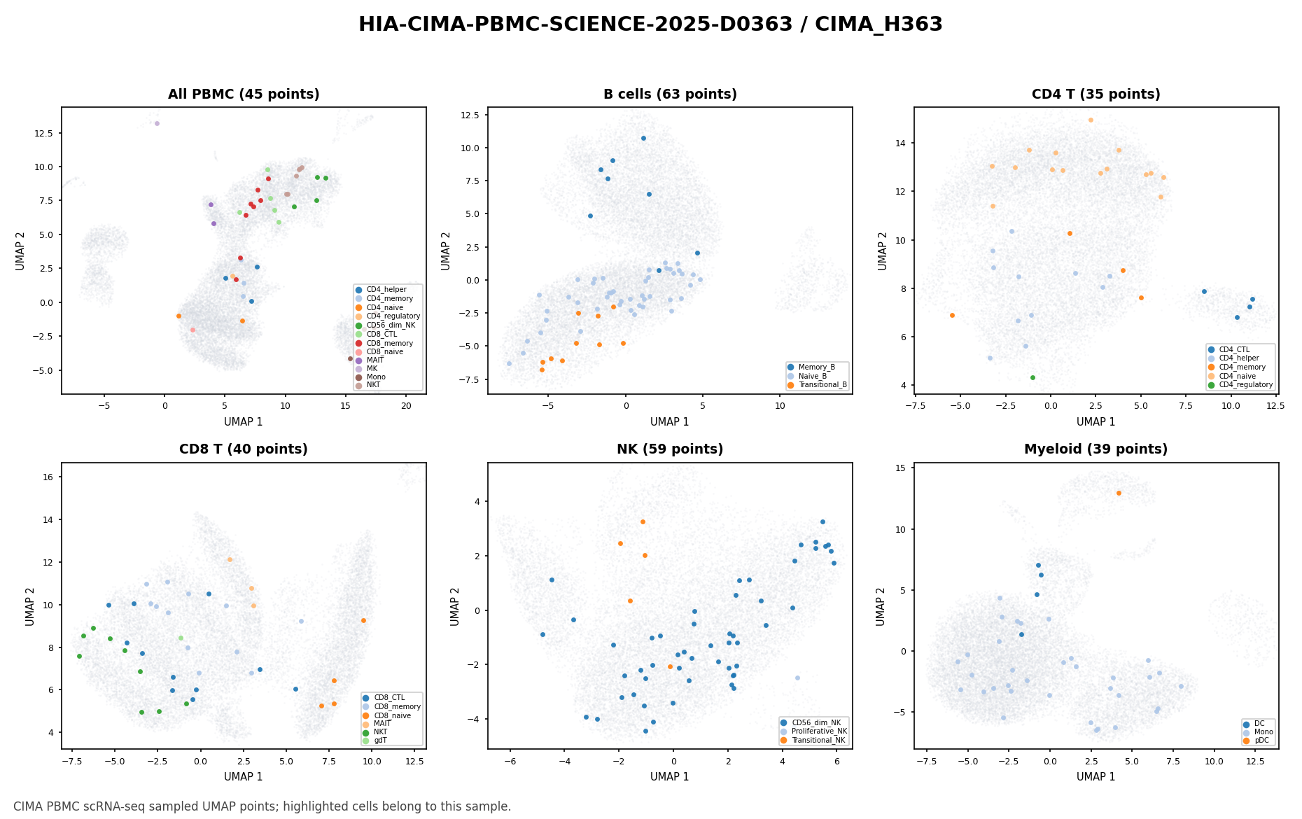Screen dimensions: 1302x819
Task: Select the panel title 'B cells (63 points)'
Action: [670, 94]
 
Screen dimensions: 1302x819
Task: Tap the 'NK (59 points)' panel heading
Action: [670, 449]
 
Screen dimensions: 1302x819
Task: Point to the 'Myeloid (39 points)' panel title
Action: [1095, 449]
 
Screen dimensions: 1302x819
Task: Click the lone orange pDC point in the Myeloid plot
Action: [1119, 493]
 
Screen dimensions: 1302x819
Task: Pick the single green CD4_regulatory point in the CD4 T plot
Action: [1032, 377]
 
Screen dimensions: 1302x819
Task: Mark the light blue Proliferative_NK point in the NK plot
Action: [797, 678]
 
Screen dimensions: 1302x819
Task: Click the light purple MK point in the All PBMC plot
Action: [157, 123]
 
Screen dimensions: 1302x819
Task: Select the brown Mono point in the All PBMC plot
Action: [351, 358]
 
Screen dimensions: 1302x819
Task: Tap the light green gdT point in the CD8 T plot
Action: [181, 638]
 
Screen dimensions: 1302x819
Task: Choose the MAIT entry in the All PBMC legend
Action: [374, 360]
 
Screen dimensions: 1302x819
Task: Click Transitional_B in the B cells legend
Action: [819, 384]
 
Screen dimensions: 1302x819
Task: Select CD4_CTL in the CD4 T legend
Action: [1233, 349]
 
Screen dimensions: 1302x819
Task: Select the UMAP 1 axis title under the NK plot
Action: [670, 776]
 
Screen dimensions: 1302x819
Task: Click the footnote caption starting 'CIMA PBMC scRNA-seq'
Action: [262, 806]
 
